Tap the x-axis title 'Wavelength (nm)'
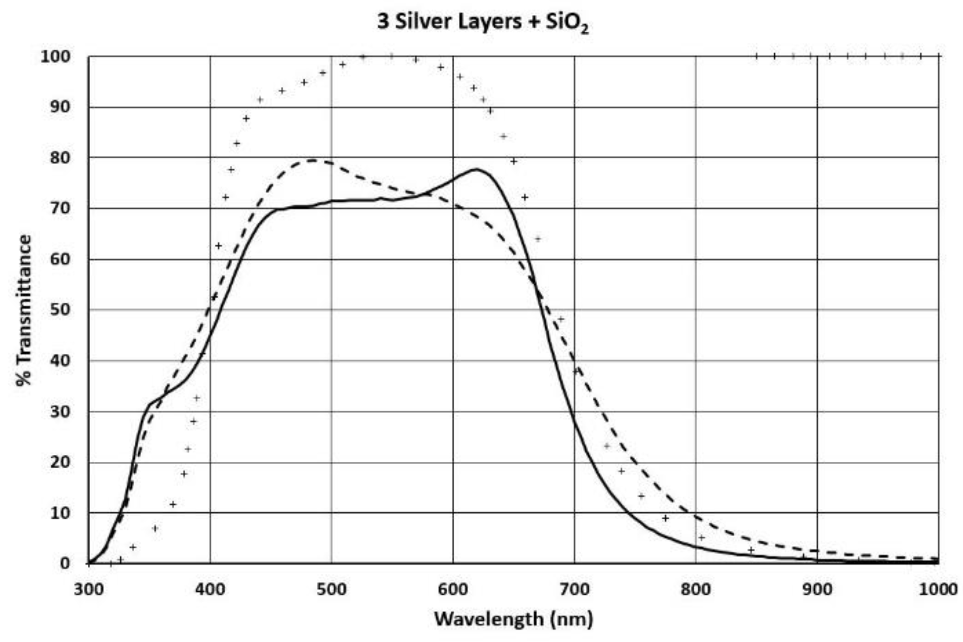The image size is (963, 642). pos(513,619)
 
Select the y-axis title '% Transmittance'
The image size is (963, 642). pos(24,310)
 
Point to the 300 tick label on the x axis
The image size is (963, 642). pos(88,589)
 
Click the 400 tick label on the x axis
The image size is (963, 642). pos(210,589)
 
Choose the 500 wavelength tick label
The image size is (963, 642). pos(331,589)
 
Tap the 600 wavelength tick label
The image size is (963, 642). pos(453,589)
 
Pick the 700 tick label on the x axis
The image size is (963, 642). pos(574,589)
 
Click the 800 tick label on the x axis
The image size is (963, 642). pos(696,589)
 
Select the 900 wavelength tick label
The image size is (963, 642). pos(817,589)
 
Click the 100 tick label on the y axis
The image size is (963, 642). pos(55,57)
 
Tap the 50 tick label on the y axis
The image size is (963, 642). pos(60,310)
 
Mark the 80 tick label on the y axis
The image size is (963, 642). pos(60,158)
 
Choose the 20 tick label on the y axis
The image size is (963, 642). pos(60,462)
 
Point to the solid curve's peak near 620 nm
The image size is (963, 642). pos(476,169)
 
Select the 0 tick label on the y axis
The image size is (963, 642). pos(65,563)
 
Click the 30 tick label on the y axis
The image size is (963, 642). pos(60,411)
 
